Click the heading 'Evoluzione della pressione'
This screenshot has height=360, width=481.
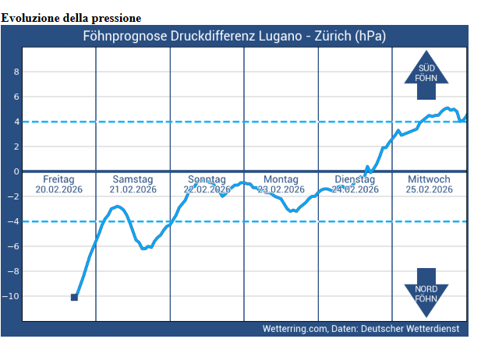pyautogui.click(x=72, y=17)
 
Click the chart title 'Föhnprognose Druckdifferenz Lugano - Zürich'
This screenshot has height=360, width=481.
pyautogui.click(x=234, y=36)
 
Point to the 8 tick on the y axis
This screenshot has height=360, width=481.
pyautogui.click(x=15, y=72)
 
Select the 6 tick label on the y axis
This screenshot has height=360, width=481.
pyautogui.click(x=15, y=97)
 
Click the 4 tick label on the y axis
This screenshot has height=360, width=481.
pyautogui.click(x=15, y=122)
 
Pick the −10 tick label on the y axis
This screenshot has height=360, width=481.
pyautogui.click(x=12, y=296)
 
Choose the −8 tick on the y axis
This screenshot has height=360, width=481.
pyautogui.click(x=13, y=271)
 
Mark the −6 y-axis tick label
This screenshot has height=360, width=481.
pyautogui.click(x=13, y=246)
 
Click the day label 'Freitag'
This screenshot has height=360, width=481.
pyautogui.click(x=58, y=179)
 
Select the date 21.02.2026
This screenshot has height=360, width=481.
pyautogui.click(x=133, y=189)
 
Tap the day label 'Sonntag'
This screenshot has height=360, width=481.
pyautogui.click(x=207, y=179)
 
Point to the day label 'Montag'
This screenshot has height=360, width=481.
pyautogui.click(x=281, y=179)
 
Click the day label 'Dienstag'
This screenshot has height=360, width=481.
pyautogui.click(x=355, y=179)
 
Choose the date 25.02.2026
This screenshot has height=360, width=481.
pyautogui.click(x=430, y=189)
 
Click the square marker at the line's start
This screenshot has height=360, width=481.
pyautogui.click(x=74, y=297)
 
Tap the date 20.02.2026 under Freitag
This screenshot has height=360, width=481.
pyautogui.click(x=58, y=189)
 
